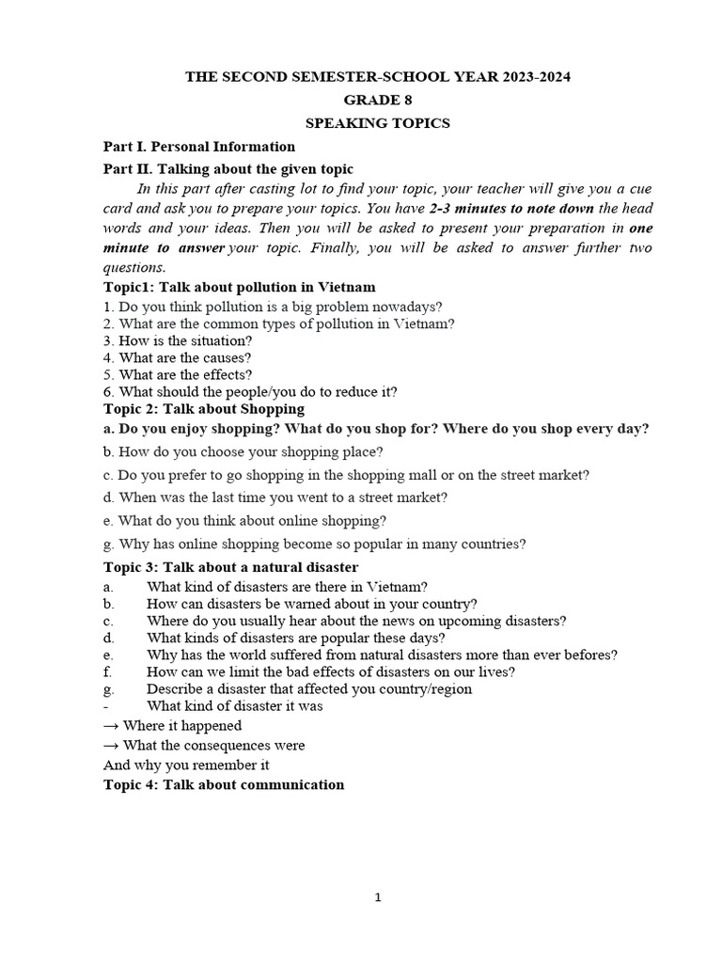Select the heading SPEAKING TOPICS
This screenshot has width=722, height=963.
(377, 123)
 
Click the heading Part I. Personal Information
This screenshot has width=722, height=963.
(198, 147)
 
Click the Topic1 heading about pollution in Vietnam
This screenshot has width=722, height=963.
(239, 287)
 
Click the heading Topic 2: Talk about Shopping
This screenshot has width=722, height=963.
(203, 409)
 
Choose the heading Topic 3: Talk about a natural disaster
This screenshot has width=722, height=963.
(230, 567)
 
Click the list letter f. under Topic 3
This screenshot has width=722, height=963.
(107, 671)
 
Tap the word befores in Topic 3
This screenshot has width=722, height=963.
(588, 655)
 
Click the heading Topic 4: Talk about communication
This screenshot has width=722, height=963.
(223, 784)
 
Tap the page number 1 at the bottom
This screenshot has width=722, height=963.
(378, 898)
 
